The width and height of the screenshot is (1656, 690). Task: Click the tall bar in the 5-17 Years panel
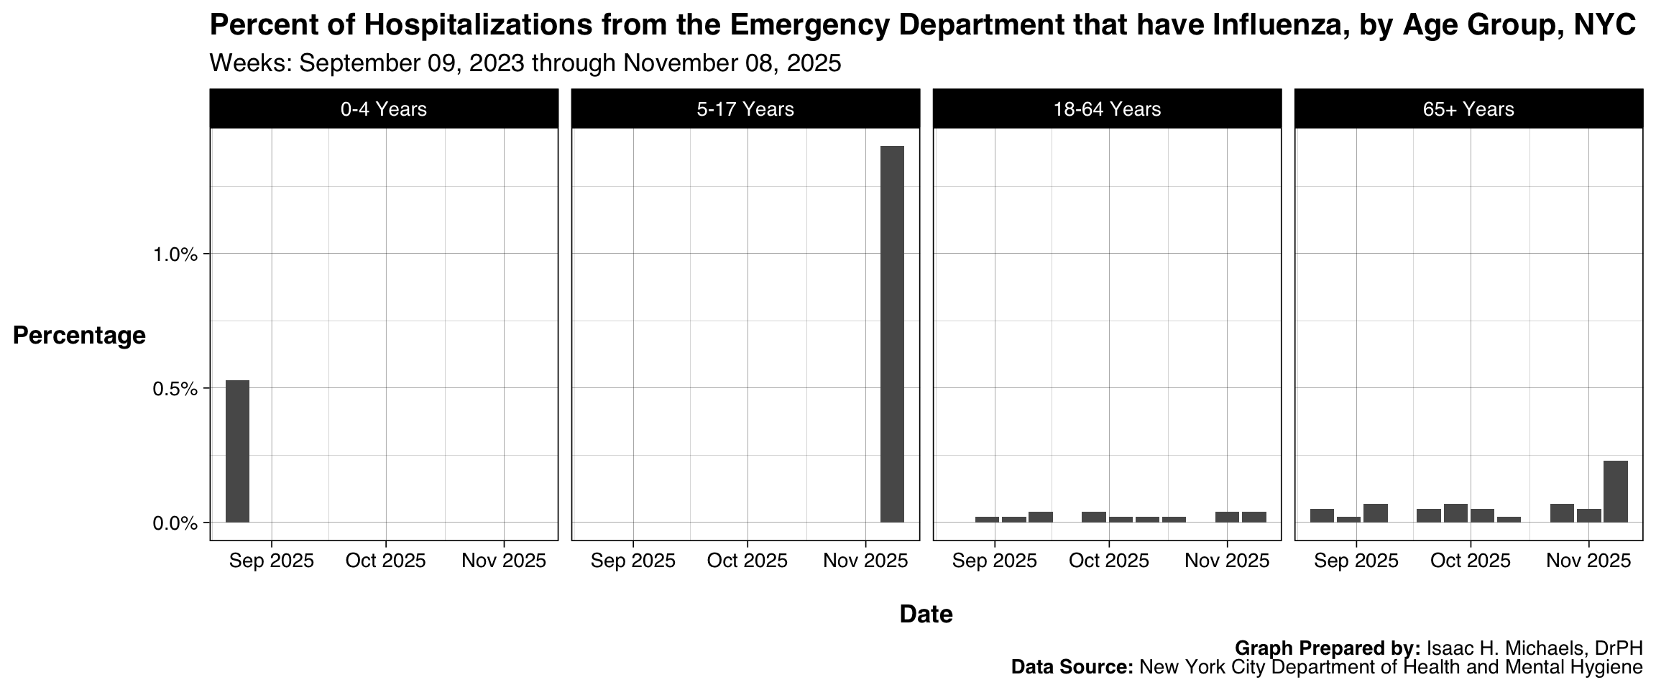(892, 333)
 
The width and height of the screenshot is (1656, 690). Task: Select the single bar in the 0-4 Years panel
(237, 451)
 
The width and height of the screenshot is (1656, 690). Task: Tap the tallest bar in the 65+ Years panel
(1615, 491)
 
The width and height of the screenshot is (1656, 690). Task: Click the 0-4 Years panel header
(384, 109)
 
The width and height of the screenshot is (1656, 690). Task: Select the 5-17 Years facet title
(745, 109)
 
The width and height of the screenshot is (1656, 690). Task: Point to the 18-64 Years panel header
(1107, 109)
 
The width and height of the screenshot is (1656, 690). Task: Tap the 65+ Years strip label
(1468, 109)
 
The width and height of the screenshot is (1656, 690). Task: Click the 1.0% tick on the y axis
(175, 254)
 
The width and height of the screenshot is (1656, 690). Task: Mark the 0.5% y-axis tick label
(175, 389)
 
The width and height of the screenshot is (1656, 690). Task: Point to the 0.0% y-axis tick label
(175, 523)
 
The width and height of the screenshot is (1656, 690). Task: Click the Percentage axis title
(79, 335)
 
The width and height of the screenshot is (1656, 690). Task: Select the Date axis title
(926, 614)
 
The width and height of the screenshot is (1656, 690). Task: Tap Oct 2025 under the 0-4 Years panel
(386, 561)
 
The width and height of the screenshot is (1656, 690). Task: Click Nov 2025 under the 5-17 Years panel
(865, 561)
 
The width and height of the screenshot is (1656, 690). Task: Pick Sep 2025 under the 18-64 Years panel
(995, 561)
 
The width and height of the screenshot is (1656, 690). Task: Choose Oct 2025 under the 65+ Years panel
(1471, 561)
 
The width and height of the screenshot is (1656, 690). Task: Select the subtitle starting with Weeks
(525, 63)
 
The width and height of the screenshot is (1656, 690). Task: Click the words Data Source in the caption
(1071, 667)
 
